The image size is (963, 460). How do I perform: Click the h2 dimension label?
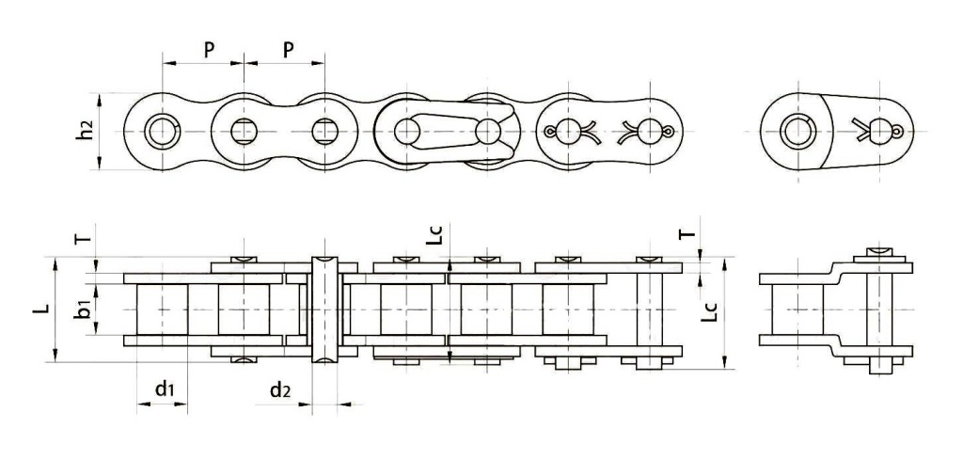coord(85,133)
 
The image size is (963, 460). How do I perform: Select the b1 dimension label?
coord(84,308)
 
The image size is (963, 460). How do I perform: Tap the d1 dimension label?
coord(164,387)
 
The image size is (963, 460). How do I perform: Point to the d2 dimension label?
coord(279,387)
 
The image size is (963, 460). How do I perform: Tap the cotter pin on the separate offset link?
coord(881,131)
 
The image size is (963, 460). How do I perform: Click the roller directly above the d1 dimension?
coord(162,309)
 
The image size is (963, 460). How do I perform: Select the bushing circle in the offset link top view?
coord(800,131)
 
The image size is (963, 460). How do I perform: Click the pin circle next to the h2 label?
coord(163,131)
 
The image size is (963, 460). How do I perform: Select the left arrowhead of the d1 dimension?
coord(141,405)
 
